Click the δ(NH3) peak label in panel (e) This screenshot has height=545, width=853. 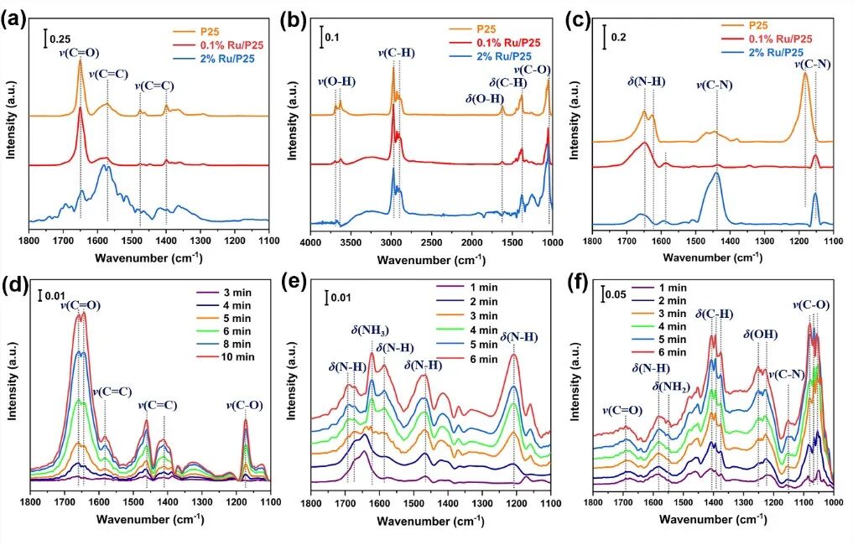point(369,330)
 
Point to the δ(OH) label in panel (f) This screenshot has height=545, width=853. point(761,335)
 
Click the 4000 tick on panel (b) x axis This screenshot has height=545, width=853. point(311,243)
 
